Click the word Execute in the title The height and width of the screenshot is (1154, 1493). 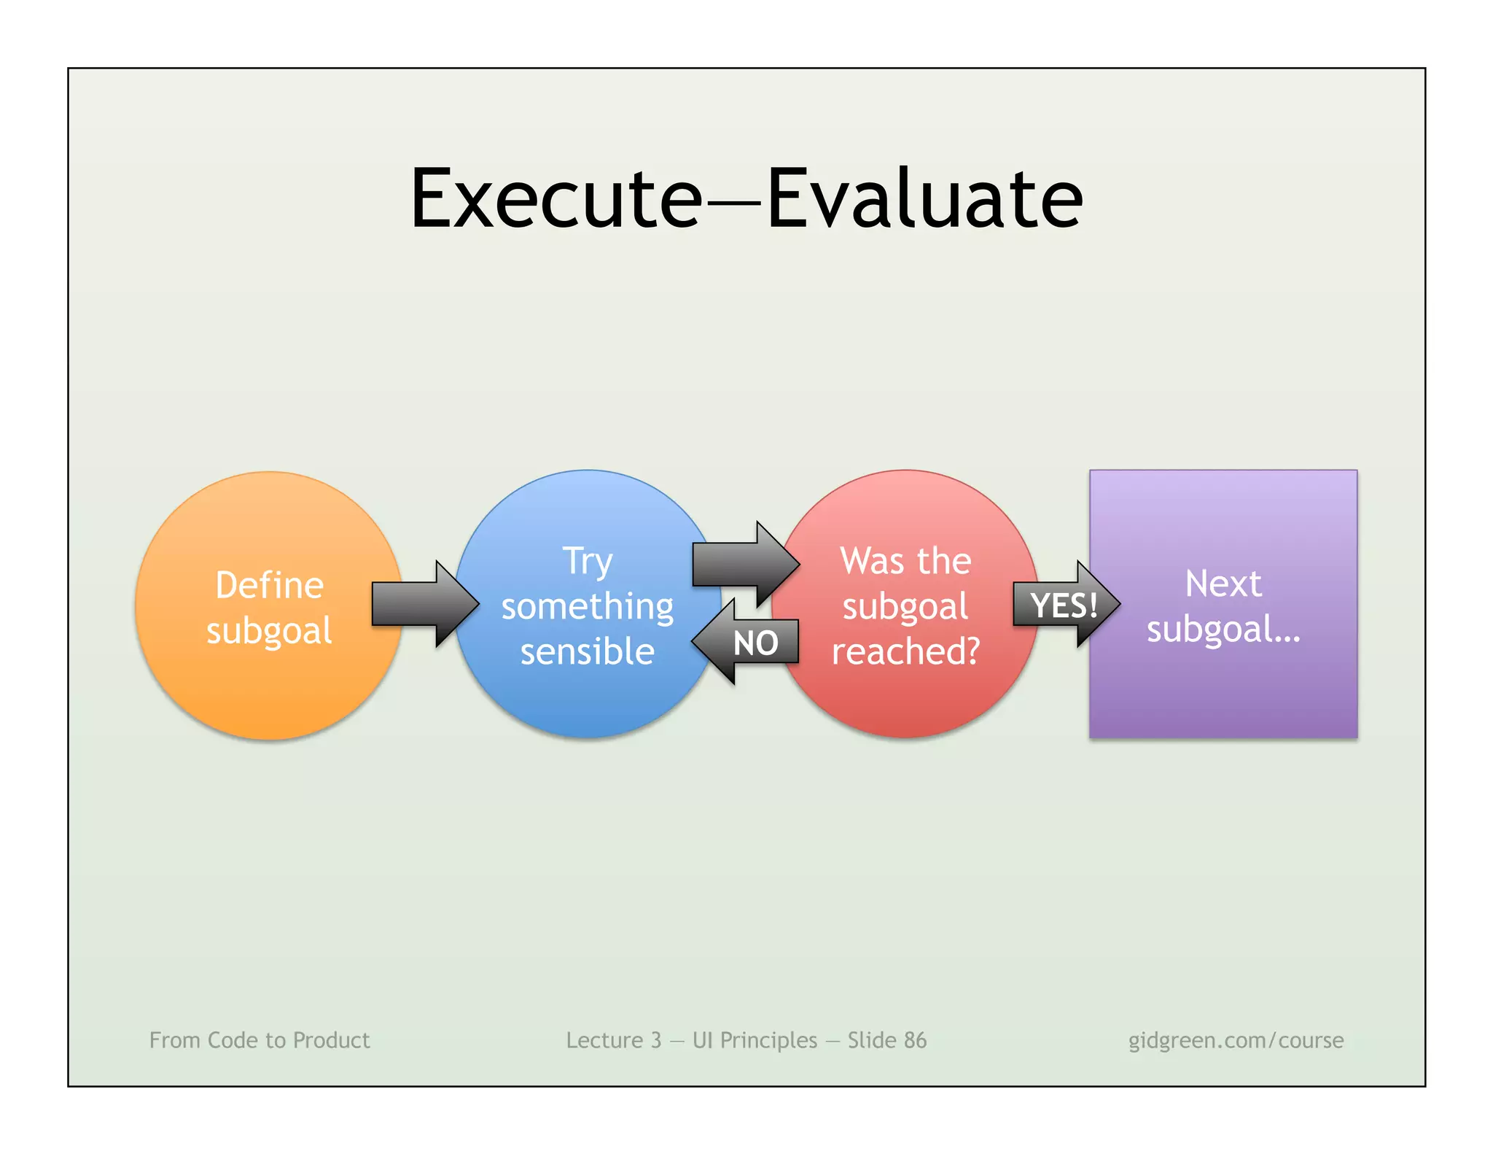[x=556, y=198]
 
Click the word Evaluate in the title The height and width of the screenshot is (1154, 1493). [x=924, y=198]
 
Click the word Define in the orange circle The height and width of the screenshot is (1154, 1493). [x=269, y=585]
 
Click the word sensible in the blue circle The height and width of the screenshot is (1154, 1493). [x=588, y=651]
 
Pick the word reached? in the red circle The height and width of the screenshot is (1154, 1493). [x=906, y=651]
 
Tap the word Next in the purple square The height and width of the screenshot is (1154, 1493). [x=1223, y=584]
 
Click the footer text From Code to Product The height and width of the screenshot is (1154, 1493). [x=260, y=1039]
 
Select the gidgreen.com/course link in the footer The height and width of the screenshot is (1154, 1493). [x=1236, y=1039]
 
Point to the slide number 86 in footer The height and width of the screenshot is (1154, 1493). [x=915, y=1039]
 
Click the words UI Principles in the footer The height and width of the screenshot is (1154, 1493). [x=755, y=1039]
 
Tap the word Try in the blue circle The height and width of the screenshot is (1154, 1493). [x=588, y=562]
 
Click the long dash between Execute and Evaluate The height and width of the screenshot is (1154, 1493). [x=735, y=204]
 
